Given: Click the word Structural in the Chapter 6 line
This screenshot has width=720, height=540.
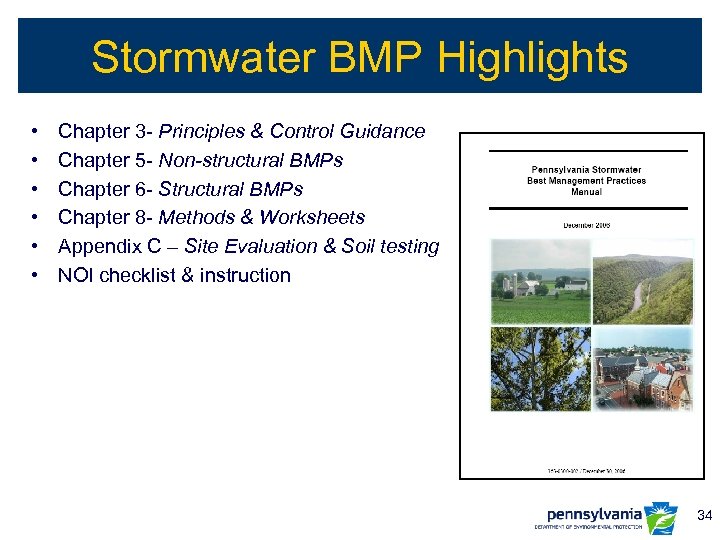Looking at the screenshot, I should click(x=205, y=189).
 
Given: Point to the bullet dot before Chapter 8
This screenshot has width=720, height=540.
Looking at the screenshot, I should click(x=34, y=217).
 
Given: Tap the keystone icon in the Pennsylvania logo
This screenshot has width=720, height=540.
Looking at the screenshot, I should click(x=661, y=517).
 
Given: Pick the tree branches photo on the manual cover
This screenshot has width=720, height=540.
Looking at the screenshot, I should click(x=539, y=369).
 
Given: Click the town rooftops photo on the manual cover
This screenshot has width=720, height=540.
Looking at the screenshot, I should click(x=642, y=369).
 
